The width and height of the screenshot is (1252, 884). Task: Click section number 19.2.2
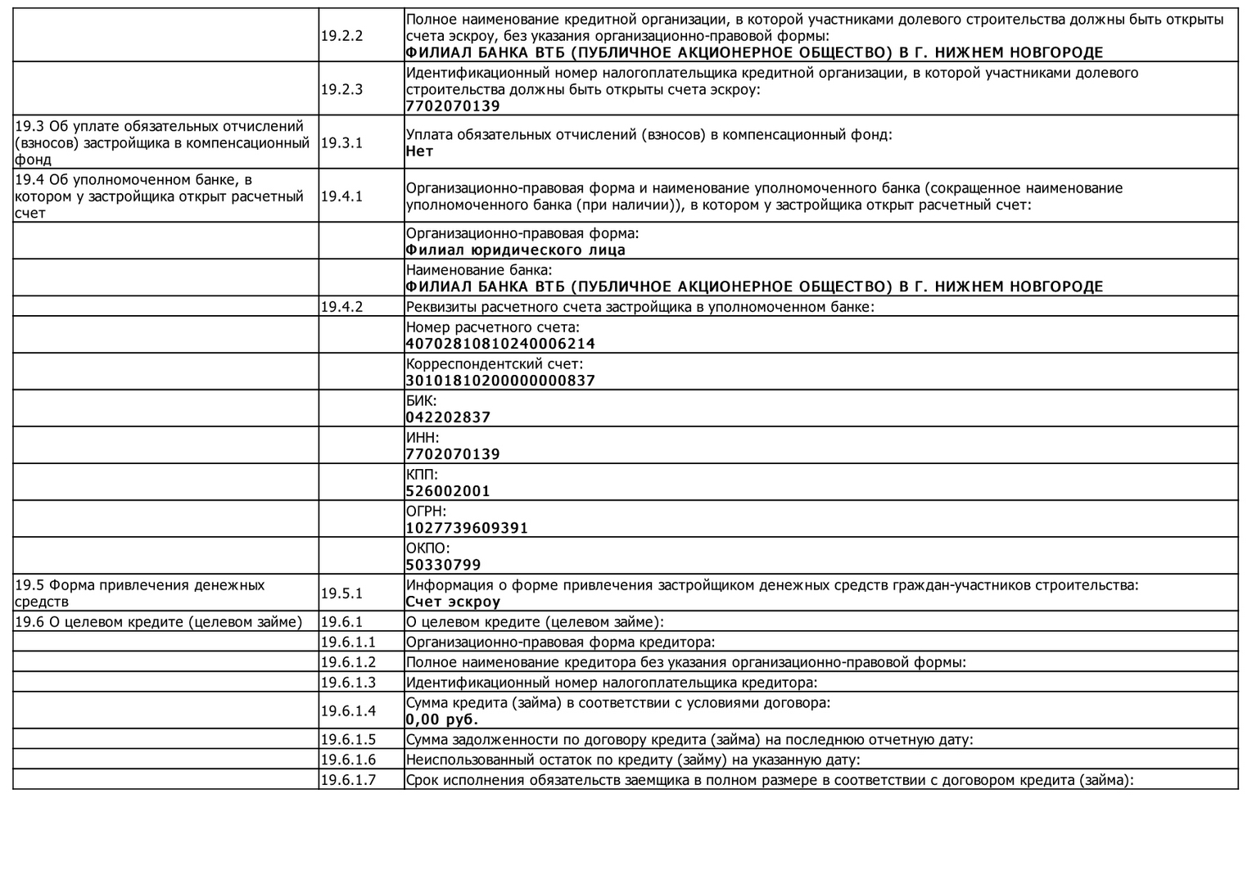341,36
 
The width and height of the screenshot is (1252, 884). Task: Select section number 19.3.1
341,142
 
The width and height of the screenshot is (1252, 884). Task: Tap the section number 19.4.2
341,307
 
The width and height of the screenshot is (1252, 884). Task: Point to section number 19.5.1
341,593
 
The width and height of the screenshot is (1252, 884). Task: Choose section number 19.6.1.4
348,710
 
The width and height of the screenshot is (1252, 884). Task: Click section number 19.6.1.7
348,780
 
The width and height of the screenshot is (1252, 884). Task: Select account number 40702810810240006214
500,344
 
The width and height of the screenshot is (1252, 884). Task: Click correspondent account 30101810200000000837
500,381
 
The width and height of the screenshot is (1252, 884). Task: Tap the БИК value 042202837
448,417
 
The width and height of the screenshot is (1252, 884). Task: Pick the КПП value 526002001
448,491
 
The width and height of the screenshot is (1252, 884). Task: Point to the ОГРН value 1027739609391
467,528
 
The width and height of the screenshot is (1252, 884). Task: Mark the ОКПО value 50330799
443,565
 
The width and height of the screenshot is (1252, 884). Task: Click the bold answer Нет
419,151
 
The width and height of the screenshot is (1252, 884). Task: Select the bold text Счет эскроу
453,602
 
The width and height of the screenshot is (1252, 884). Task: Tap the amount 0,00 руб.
442,719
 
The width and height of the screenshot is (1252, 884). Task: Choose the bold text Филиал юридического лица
515,250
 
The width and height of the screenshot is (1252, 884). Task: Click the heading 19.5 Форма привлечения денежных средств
140,593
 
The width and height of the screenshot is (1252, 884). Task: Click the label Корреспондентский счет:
495,363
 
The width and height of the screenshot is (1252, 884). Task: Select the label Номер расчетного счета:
492,327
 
